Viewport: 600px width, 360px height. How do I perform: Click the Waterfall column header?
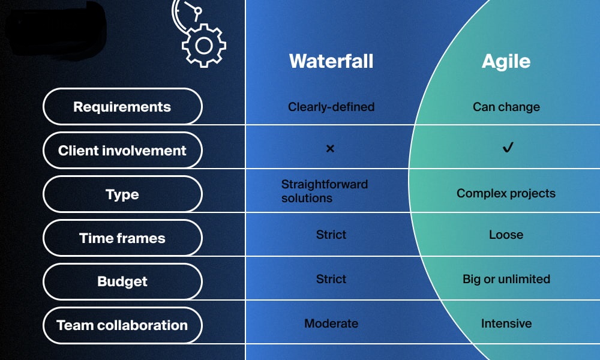click(331, 61)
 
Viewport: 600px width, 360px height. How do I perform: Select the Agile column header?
click(506, 62)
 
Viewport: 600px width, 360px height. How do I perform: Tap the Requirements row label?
click(122, 107)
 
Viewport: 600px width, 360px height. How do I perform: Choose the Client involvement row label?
click(122, 151)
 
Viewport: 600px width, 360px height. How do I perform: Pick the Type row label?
click(122, 194)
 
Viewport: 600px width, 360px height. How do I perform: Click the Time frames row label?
click(122, 238)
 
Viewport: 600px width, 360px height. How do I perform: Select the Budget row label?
click(122, 281)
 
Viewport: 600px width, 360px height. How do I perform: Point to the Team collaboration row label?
click(122, 325)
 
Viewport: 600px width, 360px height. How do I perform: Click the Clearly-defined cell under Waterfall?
click(331, 107)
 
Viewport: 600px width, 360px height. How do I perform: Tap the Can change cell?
click(506, 107)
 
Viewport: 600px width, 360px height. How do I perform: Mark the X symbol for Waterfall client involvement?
click(330, 148)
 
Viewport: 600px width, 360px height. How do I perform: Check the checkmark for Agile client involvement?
click(508, 147)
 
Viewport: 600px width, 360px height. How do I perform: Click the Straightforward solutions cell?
click(325, 191)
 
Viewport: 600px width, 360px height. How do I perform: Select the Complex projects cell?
click(506, 194)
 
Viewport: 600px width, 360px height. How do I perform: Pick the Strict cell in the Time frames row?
click(331, 235)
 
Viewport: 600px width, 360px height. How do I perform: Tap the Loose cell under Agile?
click(506, 235)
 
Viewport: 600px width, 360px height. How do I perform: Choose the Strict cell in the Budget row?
click(331, 279)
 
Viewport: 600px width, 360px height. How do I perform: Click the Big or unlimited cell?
click(506, 279)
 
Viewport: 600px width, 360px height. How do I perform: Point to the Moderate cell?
click(331, 323)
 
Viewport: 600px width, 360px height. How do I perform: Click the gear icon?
click(204, 46)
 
